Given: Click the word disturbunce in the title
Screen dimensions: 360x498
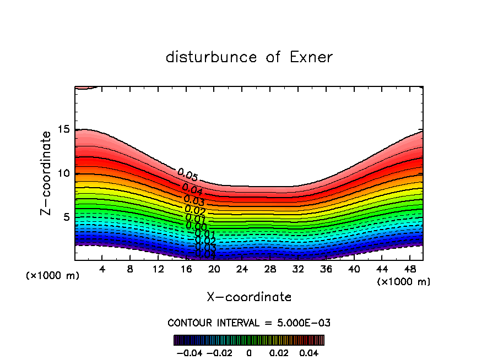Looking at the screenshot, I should (212, 57).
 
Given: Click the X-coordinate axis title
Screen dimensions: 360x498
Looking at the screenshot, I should (249, 297).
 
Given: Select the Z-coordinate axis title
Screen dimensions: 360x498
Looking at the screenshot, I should (47, 173).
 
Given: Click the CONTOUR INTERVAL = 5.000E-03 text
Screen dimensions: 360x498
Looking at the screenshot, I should (249, 323).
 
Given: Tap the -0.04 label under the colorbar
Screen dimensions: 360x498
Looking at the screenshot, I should (190, 352).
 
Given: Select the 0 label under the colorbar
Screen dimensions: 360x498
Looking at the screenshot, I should (249, 352).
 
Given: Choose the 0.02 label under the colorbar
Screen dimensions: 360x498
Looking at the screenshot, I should (279, 352).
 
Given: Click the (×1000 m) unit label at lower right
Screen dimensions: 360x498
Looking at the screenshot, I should (404, 281).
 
